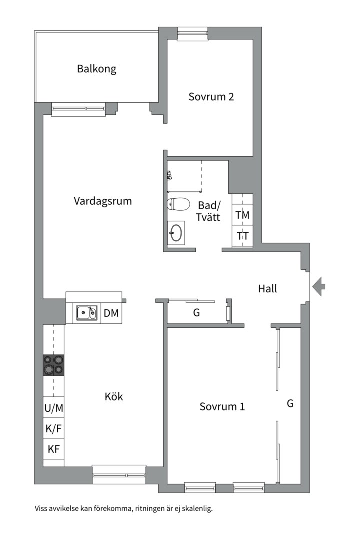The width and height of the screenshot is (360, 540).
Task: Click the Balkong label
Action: [96, 69]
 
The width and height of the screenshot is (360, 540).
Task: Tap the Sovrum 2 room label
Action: [211, 97]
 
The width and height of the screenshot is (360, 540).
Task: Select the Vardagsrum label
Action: [103, 201]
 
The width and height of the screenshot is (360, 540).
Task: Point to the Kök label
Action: [114, 397]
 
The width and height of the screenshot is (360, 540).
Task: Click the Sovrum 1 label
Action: [222, 406]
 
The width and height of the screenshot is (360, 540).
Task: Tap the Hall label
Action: [267, 288]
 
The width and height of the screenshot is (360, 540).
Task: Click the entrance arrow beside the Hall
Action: [319, 287]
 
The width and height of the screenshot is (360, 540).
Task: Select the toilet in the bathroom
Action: [178, 204]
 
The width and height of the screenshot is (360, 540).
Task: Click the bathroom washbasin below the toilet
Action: [176, 233]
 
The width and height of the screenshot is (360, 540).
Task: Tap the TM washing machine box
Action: [243, 215]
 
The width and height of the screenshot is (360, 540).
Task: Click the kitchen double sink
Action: [86, 313]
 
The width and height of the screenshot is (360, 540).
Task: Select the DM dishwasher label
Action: [111, 313]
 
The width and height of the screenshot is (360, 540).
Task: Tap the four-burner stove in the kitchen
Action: [54, 365]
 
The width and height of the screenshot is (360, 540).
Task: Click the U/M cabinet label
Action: [54, 408]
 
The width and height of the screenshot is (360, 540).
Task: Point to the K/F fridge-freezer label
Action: [54, 428]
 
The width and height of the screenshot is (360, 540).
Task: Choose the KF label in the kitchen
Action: [54, 449]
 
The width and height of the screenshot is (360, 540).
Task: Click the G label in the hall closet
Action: [196, 313]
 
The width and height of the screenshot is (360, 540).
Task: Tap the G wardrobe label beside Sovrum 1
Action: [290, 403]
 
